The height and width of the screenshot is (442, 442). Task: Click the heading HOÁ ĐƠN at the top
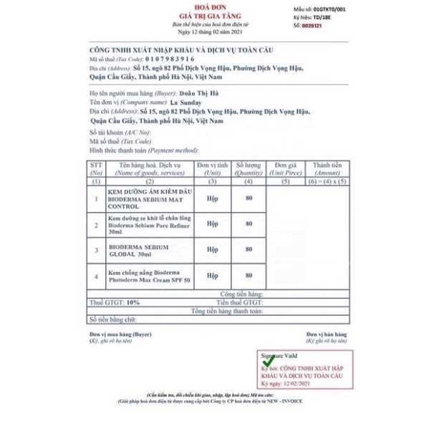[x=221, y=7]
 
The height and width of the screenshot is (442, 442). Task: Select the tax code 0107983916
[x=170, y=59]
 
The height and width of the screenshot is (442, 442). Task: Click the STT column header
[x=96, y=168]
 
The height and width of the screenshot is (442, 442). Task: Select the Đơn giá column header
[x=285, y=168]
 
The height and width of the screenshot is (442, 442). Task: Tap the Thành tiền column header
[x=327, y=168]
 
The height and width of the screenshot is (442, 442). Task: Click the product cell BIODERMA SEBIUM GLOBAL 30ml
[x=140, y=250]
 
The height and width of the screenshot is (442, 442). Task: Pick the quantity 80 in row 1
[x=249, y=198]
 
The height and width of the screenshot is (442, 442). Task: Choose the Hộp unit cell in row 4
[x=213, y=275]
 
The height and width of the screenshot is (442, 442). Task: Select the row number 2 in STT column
[x=96, y=224]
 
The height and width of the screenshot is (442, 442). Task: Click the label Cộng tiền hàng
[x=241, y=294]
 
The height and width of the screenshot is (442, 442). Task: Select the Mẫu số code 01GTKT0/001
[x=330, y=9]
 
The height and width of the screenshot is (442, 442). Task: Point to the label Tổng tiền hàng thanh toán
[x=226, y=311]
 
